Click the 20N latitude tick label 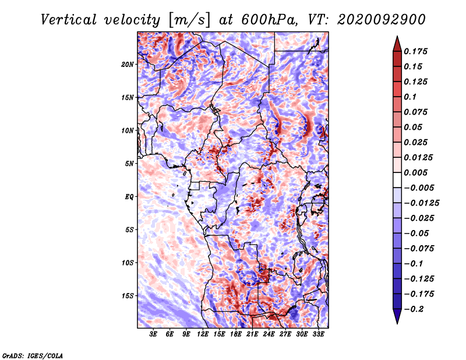(128, 65)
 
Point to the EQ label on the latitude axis (129, 197)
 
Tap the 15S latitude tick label (128, 296)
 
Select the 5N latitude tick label (129, 164)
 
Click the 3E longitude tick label (153, 334)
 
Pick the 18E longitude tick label (236, 334)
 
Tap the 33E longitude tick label (318, 334)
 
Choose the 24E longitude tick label (269, 334)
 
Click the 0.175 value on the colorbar (415, 51)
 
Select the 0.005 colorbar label (415, 172)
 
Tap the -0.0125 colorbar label (421, 203)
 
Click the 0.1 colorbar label (410, 97)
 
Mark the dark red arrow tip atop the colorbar (397, 36)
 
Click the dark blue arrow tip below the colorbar (397, 323)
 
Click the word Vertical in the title (69, 20)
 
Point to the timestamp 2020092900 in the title (382, 20)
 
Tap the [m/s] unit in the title (189, 20)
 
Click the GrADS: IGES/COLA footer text (33, 355)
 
